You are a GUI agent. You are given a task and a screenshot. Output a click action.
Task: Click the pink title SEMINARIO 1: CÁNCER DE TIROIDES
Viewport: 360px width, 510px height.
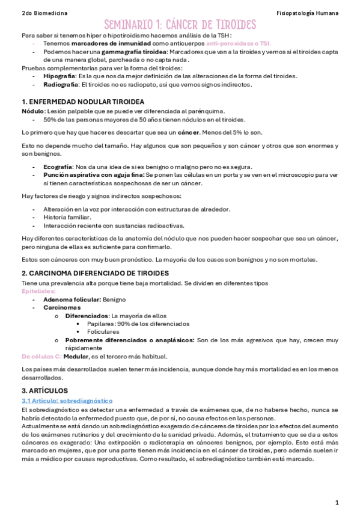[x=180, y=25]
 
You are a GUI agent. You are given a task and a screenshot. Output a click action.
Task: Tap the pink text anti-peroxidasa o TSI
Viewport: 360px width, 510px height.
[x=238, y=44]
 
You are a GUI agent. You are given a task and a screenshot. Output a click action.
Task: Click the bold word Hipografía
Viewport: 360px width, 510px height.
[x=59, y=76]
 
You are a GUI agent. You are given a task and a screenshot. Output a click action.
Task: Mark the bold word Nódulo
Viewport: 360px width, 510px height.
[x=32, y=111]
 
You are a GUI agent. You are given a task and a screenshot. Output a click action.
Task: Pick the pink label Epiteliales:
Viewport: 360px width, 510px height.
[x=38, y=291]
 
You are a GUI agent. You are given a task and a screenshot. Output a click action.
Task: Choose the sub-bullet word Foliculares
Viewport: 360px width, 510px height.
[x=103, y=332]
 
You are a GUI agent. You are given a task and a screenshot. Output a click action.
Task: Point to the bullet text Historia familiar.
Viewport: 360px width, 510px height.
[x=67, y=217]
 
